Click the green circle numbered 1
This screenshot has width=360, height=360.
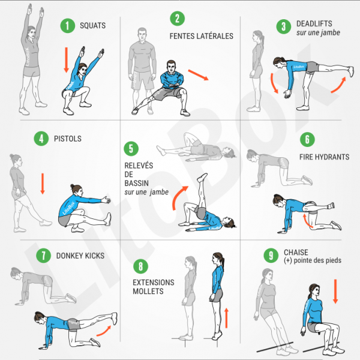67,25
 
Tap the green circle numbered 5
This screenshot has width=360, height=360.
131,149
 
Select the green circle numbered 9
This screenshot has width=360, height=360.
271,256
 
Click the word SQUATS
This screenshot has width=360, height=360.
93,25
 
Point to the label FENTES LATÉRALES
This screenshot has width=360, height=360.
202,36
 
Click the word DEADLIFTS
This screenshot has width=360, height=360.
314,23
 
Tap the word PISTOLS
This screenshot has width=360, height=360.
68,139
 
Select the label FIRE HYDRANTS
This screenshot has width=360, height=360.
324,157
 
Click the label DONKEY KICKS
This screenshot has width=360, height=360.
80,256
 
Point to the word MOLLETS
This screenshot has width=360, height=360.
148,291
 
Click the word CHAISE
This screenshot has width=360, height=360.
296,253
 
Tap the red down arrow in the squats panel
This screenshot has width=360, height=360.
67,60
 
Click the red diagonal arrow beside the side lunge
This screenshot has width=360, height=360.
199,75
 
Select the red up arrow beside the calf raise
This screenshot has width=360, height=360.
226,318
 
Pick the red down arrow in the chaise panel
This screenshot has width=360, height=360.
335,292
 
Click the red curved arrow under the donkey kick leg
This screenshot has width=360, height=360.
104,331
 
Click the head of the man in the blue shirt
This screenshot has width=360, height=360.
171,67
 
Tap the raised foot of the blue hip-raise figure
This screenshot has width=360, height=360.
202,177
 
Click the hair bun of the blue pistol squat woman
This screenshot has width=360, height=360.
73,186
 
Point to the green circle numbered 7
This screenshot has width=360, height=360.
43,256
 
